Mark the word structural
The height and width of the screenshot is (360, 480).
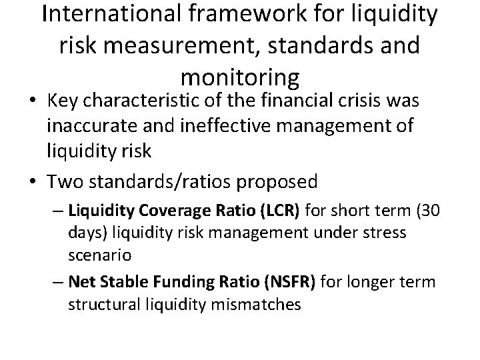(100, 305)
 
